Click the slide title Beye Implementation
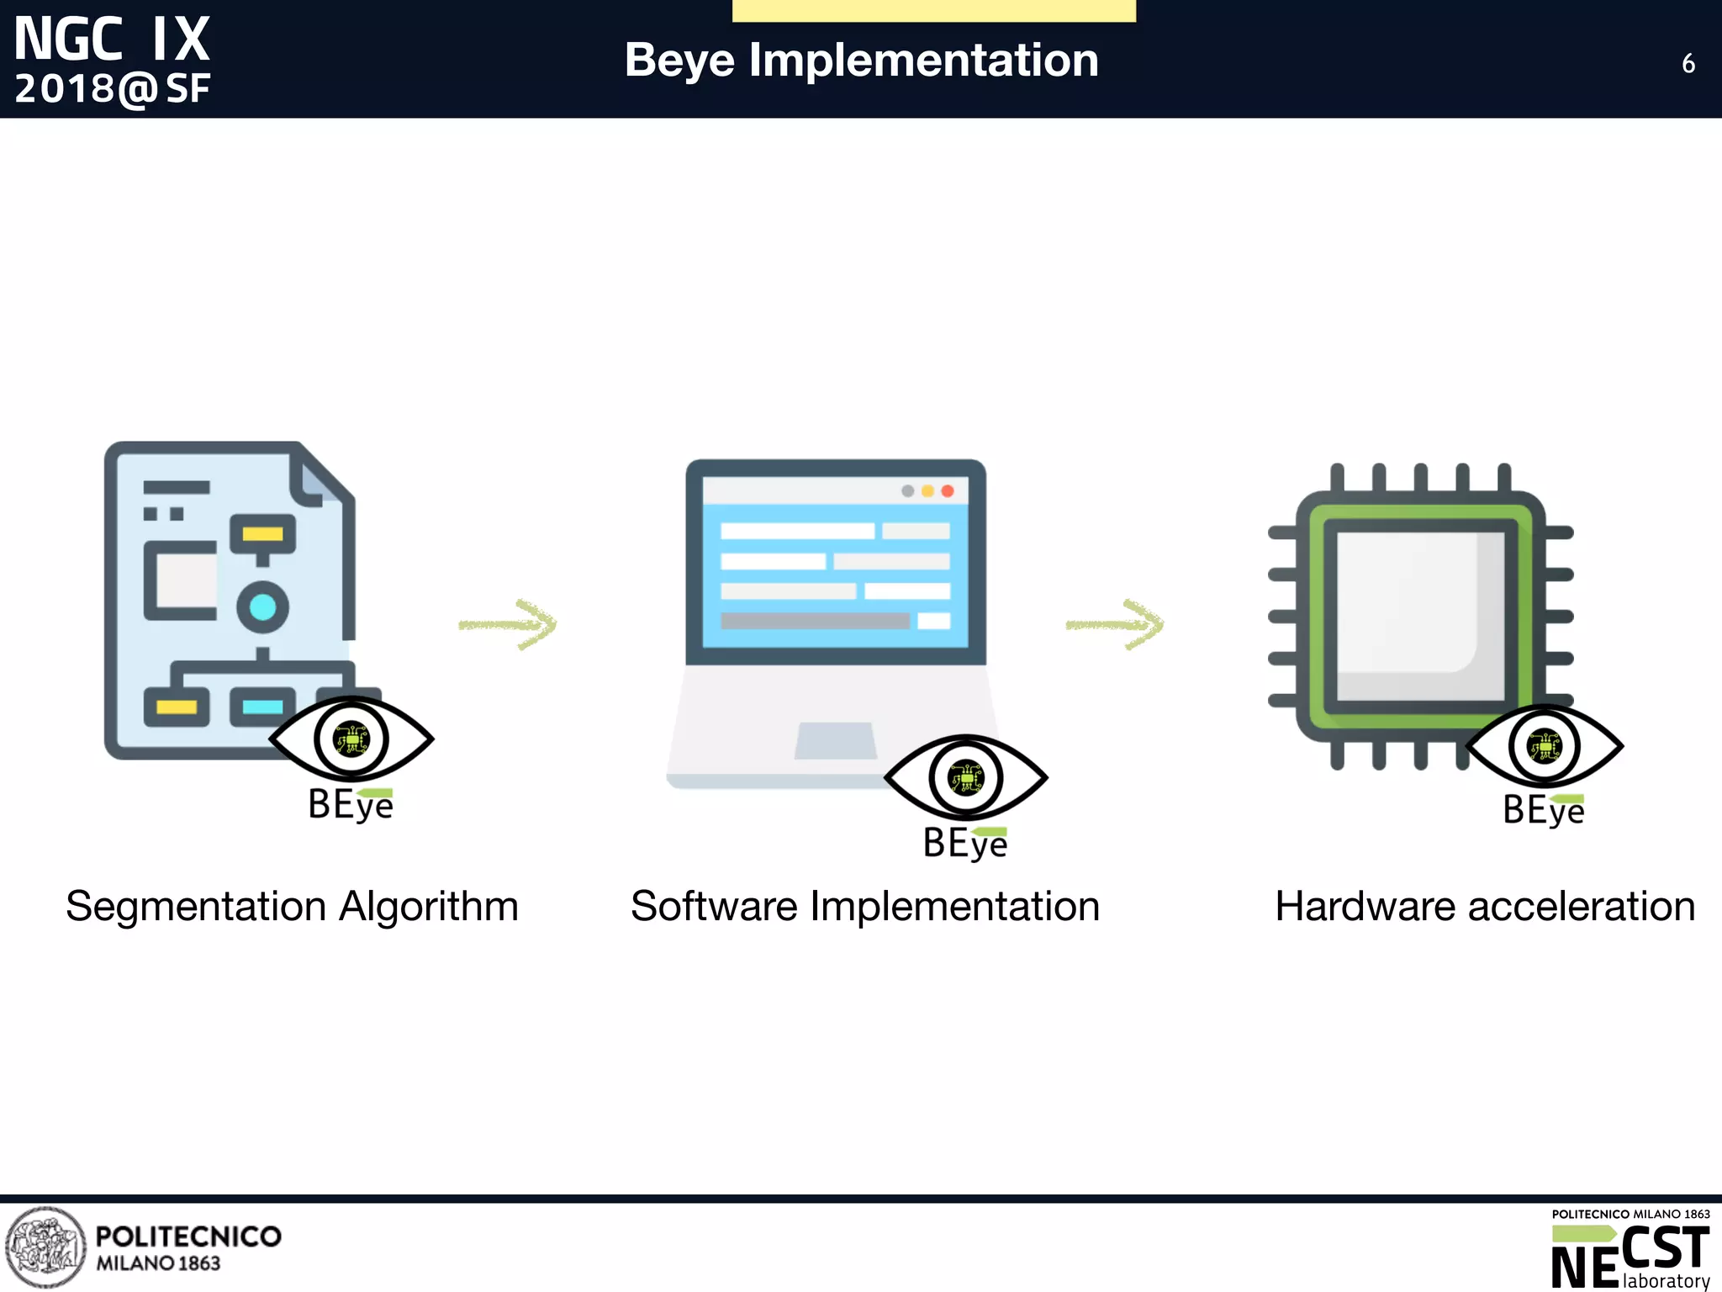(x=861, y=61)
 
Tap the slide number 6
(x=1688, y=64)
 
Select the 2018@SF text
(x=112, y=89)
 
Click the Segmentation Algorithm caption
(x=292, y=906)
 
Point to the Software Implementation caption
(x=864, y=906)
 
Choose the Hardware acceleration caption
(x=1484, y=906)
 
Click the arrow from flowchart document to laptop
(x=509, y=624)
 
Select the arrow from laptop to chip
(x=1116, y=624)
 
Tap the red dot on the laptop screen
(x=948, y=491)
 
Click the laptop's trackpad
(x=836, y=740)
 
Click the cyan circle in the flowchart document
(x=262, y=606)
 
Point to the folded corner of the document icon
(x=315, y=478)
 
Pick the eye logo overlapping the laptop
(x=965, y=777)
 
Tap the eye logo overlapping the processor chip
(x=1545, y=746)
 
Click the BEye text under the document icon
(x=351, y=804)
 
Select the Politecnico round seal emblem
(x=45, y=1247)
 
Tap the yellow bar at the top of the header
(x=933, y=10)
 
